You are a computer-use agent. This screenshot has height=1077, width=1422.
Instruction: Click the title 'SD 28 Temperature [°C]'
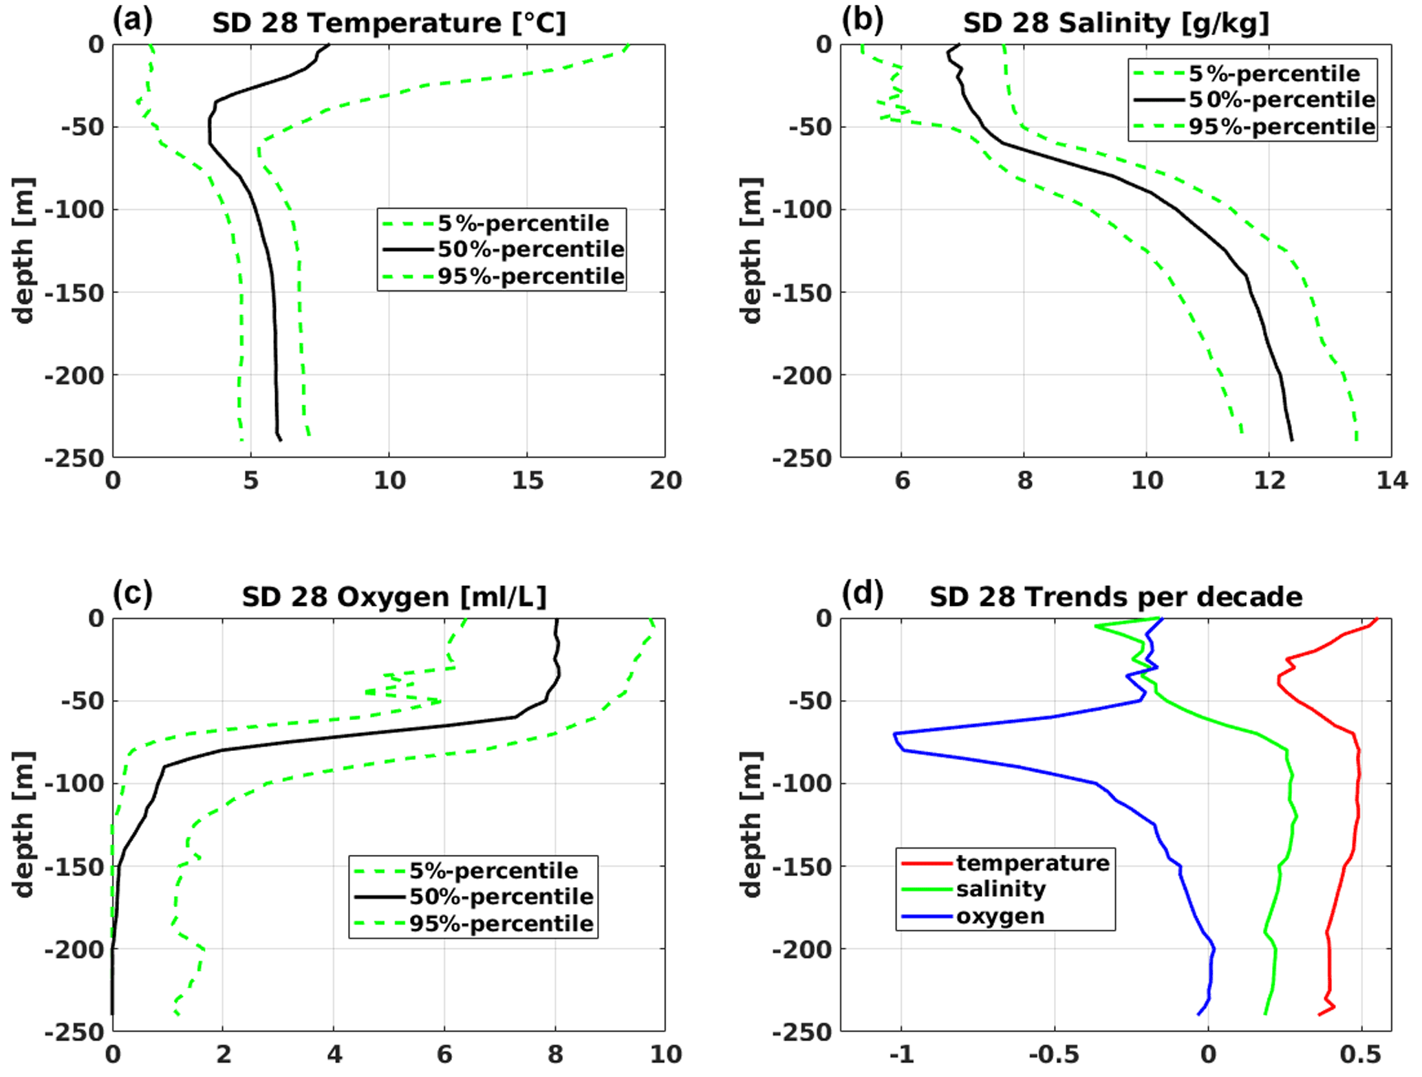389,23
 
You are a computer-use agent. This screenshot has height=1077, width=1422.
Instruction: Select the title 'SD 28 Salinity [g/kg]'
1115,23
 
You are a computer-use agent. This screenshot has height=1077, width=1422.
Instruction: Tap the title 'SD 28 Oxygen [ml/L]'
394,597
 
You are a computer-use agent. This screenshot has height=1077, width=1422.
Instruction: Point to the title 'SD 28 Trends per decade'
1115,597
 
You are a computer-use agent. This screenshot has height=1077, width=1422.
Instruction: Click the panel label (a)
132,21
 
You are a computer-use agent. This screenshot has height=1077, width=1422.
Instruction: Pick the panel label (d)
862,594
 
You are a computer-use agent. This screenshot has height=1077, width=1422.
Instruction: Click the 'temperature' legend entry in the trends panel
1032,862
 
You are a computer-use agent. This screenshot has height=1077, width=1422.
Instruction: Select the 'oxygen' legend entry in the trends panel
1000,916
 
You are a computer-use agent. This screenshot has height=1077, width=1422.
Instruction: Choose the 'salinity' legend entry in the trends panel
1000,889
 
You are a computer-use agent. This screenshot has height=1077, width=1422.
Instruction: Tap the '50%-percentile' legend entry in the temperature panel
530,249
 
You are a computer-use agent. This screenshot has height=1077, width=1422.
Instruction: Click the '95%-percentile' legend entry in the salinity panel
1282,127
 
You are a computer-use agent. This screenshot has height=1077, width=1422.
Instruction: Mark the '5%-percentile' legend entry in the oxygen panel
493,871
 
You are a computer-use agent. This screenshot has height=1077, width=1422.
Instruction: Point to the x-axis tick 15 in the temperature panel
527,481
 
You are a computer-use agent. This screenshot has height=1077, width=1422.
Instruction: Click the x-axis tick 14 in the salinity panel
1391,481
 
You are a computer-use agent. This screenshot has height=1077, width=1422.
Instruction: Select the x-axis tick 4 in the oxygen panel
334,1054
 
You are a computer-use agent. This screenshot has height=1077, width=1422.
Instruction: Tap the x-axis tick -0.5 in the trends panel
1053,1054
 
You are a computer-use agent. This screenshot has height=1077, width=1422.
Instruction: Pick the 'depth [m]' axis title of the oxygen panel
23,824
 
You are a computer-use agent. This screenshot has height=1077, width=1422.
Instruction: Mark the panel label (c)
132,594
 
